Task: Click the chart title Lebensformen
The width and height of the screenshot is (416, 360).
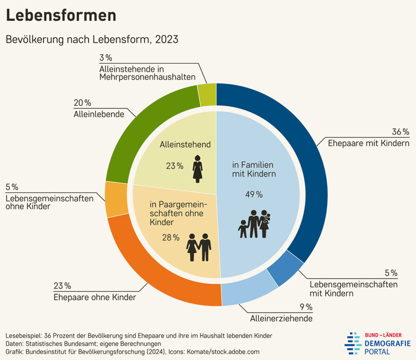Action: pos(61,15)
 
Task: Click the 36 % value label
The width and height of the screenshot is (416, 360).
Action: pos(400,132)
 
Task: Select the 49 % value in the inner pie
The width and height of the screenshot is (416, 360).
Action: pos(253,195)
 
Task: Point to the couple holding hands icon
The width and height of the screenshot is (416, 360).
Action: pos(199,247)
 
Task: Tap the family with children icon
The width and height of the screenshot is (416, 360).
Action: pos(254,224)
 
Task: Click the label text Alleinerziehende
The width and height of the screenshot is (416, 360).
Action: pos(281,318)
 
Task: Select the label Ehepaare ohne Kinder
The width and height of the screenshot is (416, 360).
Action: pos(95,297)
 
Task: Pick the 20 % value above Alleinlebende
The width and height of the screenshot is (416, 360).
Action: pos(82,103)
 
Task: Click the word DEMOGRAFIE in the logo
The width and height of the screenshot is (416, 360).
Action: pos(387,344)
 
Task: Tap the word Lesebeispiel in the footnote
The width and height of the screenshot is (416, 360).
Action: pos(24,336)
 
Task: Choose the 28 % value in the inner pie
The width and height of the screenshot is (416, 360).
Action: pos(171,238)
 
